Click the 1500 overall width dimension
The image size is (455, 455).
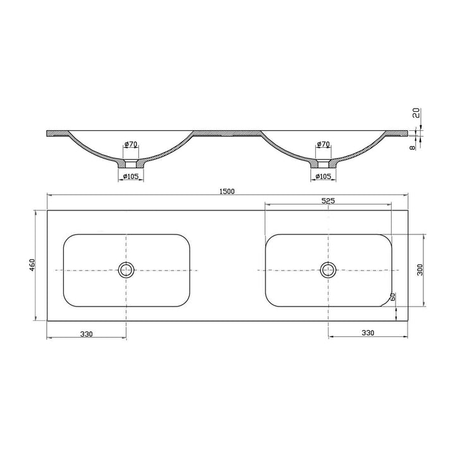(227, 191)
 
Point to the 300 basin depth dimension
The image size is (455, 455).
(420, 270)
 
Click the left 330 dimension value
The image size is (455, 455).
(87, 333)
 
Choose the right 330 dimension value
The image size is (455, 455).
(368, 333)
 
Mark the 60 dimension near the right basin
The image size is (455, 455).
(393, 297)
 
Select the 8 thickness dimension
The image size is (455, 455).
(411, 147)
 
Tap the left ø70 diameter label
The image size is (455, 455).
(130, 145)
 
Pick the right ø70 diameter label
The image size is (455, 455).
(323, 145)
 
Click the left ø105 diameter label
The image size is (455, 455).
(130, 176)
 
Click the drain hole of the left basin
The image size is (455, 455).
(126, 270)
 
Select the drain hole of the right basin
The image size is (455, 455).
(328, 270)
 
